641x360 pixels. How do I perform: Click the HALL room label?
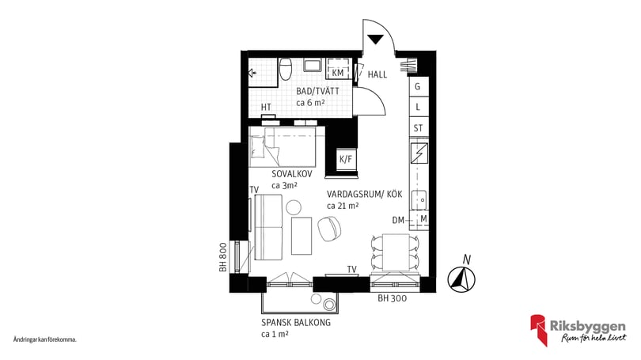point(377,74)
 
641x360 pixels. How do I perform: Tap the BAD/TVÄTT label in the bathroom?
point(317,92)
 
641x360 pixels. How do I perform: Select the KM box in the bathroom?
point(338,73)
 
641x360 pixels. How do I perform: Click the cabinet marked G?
point(417,86)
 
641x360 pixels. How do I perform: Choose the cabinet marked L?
point(417,107)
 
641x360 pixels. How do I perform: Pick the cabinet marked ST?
point(417,127)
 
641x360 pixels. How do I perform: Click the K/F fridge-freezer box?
point(346,160)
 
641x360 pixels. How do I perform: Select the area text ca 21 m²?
point(343,206)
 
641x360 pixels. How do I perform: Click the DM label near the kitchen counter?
point(398,219)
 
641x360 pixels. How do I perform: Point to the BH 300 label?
point(393,298)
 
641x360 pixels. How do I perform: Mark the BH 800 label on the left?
point(224,258)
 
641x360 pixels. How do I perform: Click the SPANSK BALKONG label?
point(295,324)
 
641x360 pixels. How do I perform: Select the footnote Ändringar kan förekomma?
point(45,339)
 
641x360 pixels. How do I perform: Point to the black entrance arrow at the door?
point(376,38)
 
